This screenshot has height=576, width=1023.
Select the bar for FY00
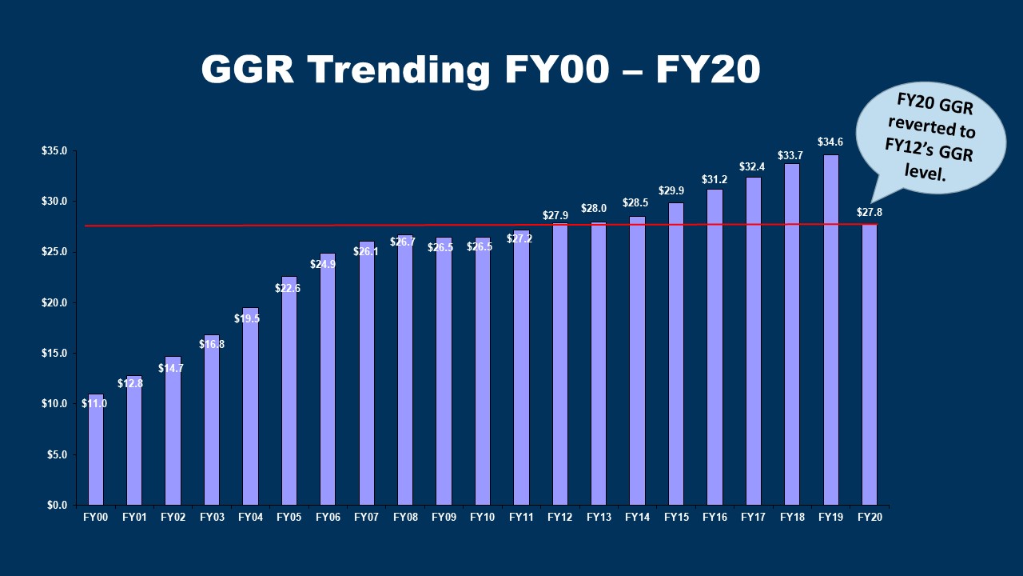point(96,456)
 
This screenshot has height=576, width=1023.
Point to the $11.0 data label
point(94,404)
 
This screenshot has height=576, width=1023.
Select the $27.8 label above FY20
point(870,212)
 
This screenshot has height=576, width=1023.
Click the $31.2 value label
point(715,179)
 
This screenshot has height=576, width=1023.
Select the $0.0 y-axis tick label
point(56,506)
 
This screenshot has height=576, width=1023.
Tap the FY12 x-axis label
point(560,518)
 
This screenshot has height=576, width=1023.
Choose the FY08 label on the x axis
point(405,518)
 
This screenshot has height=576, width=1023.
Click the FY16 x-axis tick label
point(715,518)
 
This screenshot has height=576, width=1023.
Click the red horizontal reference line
point(320,226)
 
